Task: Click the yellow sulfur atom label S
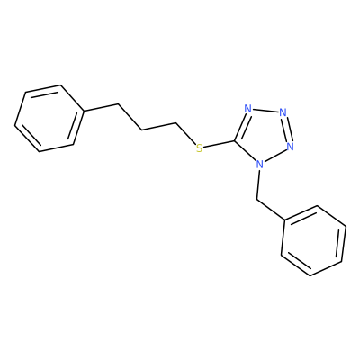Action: (x=199, y=148)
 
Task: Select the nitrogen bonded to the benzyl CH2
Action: (x=260, y=164)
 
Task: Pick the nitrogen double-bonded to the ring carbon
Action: (x=247, y=109)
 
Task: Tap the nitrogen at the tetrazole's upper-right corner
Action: (x=283, y=112)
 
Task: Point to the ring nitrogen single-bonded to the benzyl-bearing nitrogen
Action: (x=290, y=147)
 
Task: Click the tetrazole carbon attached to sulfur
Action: (x=235, y=140)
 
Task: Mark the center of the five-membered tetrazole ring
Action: (x=263, y=134)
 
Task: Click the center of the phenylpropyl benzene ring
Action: (x=49, y=118)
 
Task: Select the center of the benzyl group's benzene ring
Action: (x=314, y=240)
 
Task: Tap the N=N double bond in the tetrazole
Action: (x=286, y=130)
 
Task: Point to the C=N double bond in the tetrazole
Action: (x=241, y=125)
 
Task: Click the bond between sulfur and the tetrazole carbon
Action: (x=219, y=144)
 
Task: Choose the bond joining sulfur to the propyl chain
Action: (x=186, y=133)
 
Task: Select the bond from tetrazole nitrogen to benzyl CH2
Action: (x=258, y=184)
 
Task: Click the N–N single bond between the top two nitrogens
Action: (x=265, y=111)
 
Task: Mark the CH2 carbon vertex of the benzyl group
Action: (x=257, y=199)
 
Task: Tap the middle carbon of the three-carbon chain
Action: (x=142, y=130)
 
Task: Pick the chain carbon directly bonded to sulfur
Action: (x=176, y=122)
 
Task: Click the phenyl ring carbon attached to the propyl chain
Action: (x=83, y=112)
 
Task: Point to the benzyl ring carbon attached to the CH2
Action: (x=284, y=221)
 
